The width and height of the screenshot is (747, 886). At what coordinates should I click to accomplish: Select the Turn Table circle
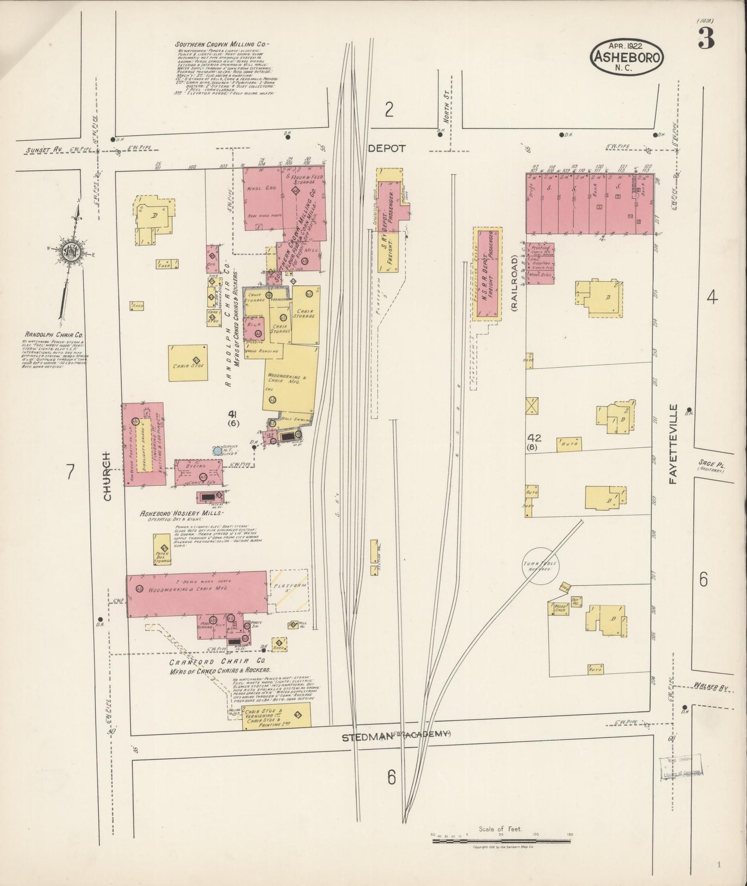[x=541, y=566]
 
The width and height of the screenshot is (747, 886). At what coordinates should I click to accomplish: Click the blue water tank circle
[x=218, y=450]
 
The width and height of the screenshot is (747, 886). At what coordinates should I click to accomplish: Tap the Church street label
[x=107, y=476]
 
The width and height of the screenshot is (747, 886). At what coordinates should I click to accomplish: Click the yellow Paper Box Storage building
[x=162, y=549]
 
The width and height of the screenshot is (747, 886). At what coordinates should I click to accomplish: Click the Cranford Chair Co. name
[x=217, y=661]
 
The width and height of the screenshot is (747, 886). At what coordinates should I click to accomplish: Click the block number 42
[x=533, y=438]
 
